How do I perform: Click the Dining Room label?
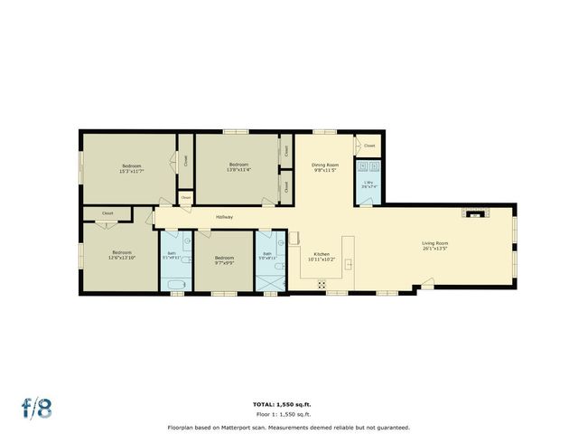325,167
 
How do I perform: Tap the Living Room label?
435,245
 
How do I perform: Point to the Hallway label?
224,217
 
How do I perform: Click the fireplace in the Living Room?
474,213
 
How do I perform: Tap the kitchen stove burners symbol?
322,284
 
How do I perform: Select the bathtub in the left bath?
176,285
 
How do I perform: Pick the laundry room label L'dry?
368,184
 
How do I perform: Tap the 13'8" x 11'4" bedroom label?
238,166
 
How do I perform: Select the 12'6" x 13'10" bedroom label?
122,255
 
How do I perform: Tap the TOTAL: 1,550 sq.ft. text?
288,404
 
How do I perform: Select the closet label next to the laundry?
369,145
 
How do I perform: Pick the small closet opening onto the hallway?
186,197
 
